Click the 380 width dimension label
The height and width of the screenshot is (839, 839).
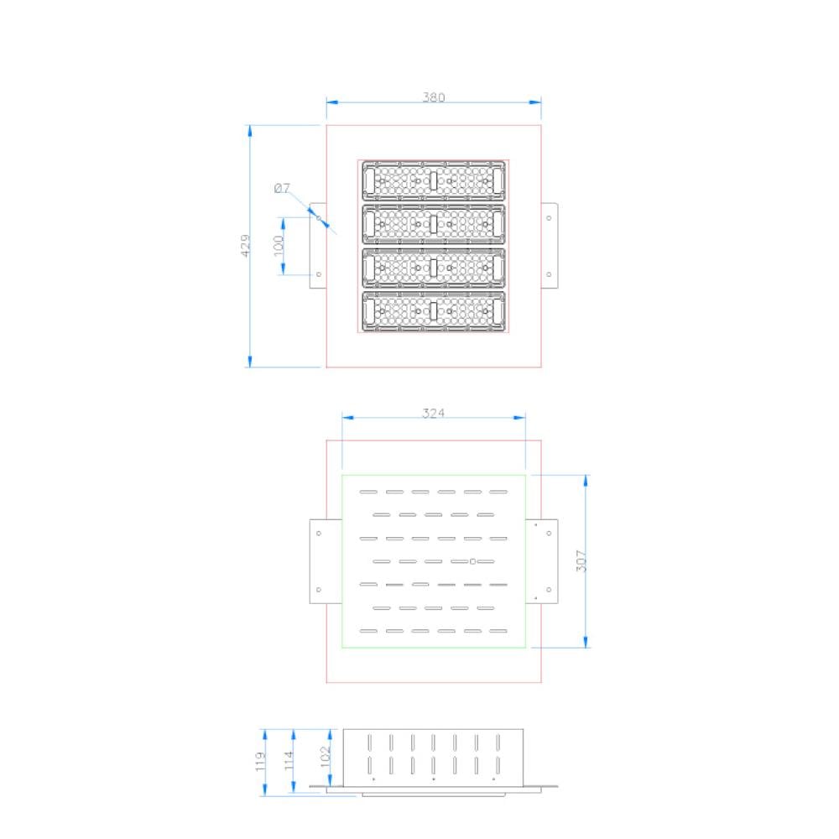(x=434, y=97)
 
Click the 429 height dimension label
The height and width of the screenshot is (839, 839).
(x=245, y=246)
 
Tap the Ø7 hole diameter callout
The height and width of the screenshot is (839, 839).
(x=282, y=188)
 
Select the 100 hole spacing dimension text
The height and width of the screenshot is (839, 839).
(x=279, y=246)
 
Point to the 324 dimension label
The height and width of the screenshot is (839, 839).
(x=434, y=413)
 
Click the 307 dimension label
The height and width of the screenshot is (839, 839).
(x=581, y=560)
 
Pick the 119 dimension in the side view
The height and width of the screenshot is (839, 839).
(x=260, y=762)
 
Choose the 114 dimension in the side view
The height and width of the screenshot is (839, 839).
(x=289, y=760)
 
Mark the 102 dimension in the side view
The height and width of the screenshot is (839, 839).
(x=326, y=757)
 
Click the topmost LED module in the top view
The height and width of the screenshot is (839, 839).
(x=434, y=181)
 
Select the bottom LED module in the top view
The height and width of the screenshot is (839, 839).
(x=434, y=311)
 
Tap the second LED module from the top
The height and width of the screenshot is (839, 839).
(x=434, y=224)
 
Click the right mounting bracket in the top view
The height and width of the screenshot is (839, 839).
(x=550, y=246)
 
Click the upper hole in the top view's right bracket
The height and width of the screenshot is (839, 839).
(x=549, y=218)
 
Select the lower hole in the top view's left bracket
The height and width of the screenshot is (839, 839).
(x=319, y=274)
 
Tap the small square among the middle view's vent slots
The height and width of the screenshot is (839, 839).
(x=472, y=561)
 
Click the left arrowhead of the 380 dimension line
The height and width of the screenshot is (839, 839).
(x=332, y=102)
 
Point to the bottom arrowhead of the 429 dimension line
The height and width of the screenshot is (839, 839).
(x=249, y=361)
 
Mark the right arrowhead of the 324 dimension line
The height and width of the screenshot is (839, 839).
(x=519, y=418)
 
